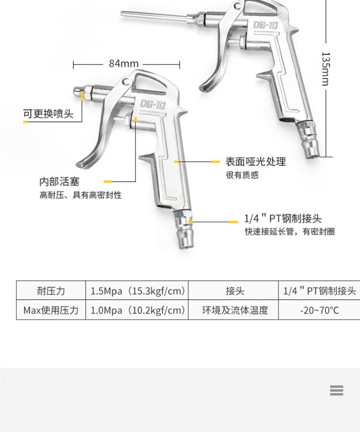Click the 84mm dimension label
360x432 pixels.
click(123, 63)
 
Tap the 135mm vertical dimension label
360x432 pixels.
click(325, 69)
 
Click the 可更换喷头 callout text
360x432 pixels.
click(48, 114)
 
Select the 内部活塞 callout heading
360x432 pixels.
click(60, 182)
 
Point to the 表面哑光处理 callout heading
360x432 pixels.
click(256, 162)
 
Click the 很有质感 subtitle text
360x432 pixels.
click(242, 175)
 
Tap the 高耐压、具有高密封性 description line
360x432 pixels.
click(80, 195)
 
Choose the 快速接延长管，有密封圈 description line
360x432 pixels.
click(289, 232)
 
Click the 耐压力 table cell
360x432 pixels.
click(51, 291)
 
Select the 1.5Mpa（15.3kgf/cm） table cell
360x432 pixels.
click(137, 291)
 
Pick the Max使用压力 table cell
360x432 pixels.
click(51, 310)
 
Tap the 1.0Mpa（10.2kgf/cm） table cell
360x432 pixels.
click(137, 310)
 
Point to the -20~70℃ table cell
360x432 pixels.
click(319, 310)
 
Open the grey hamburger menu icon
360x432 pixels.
click(336, 390)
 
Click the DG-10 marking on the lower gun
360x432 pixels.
click(153, 104)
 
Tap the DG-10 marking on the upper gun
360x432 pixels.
click(265, 25)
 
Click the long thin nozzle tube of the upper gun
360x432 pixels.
click(154, 16)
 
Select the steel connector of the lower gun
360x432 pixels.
click(184, 229)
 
